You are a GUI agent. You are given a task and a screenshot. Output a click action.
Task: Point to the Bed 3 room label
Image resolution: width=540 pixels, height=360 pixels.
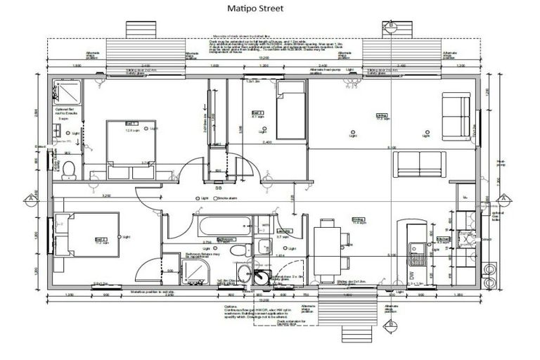pos(257,112)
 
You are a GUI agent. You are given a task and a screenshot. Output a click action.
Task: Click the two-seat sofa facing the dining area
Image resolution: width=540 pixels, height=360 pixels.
pos(418,165)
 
